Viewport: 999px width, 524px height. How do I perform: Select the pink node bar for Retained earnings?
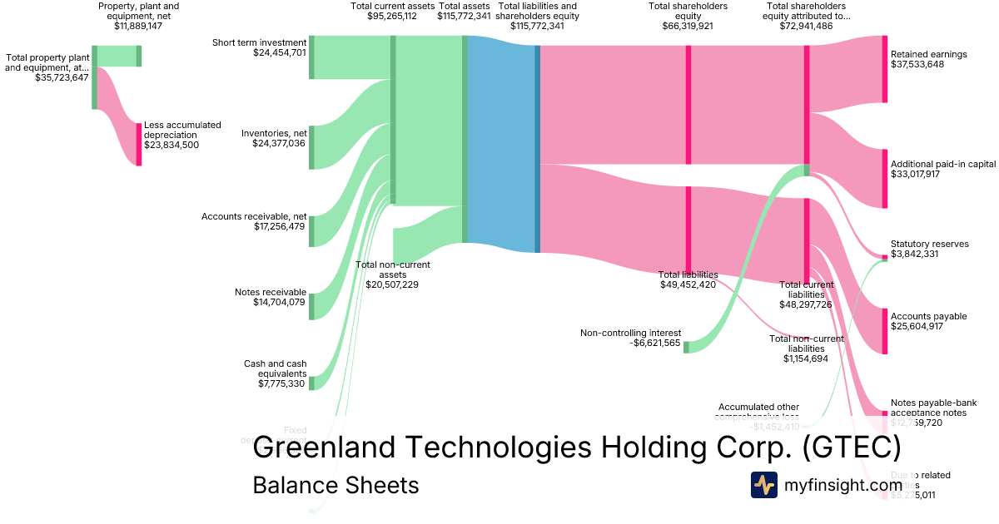(884, 69)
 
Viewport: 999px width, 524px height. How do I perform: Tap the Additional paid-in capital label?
(942, 164)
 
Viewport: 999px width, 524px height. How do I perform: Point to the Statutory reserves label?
(929, 244)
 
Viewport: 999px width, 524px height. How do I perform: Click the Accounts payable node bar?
(884, 330)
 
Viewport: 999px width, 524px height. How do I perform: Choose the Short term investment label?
(259, 42)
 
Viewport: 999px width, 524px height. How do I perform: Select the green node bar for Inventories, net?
(311, 147)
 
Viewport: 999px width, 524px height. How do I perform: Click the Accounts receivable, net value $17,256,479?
(279, 226)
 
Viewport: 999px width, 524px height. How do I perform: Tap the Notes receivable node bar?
(311, 306)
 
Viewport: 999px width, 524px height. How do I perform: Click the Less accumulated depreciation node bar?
(139, 144)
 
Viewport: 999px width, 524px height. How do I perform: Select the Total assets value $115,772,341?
(464, 16)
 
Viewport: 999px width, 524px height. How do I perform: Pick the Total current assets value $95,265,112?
(392, 16)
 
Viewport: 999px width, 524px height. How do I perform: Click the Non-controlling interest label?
(630, 333)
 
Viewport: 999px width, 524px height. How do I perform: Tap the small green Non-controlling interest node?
(686, 346)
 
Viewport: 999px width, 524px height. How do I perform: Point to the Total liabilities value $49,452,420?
(688, 284)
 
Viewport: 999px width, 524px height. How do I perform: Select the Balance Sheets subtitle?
(335, 485)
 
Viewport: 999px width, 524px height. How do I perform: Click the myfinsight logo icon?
(763, 485)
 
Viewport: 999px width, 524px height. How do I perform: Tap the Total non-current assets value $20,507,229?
(392, 284)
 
